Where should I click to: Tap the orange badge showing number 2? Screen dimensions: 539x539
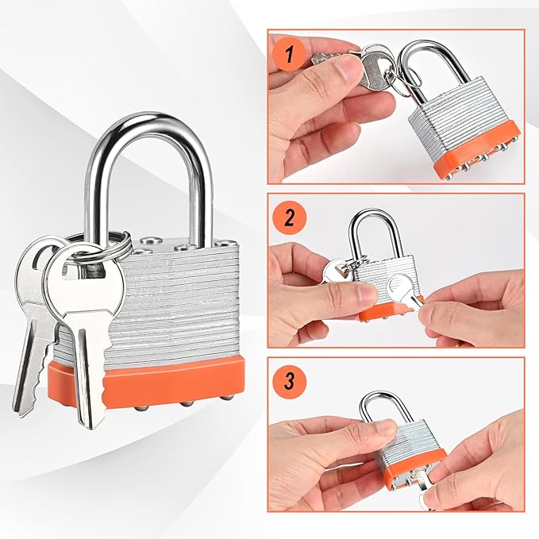[289, 217]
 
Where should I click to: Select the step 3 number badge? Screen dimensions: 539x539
[289, 381]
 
